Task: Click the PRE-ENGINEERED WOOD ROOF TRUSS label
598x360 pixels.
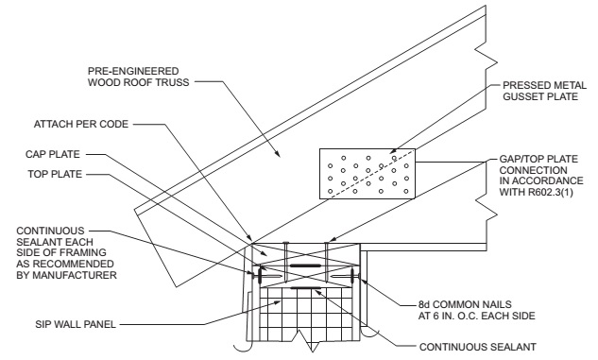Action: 138,77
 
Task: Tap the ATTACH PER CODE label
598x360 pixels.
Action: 81,124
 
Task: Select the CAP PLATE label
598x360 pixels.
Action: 53,154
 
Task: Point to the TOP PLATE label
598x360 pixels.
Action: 55,174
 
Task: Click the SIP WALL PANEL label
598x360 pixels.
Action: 76,324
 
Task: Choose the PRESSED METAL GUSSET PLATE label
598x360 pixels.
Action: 544,91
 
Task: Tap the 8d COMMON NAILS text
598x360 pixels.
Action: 465,304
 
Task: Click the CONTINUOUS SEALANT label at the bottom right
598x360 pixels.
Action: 478,347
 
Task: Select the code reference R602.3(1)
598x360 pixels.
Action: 551,192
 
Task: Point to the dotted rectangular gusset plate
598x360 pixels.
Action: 367,174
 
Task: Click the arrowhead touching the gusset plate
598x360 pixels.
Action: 393,152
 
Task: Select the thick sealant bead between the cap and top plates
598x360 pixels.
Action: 305,266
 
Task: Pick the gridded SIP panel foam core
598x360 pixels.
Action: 305,314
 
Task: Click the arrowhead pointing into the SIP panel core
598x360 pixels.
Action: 279,302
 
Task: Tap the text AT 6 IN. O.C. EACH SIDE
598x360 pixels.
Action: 477,316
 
